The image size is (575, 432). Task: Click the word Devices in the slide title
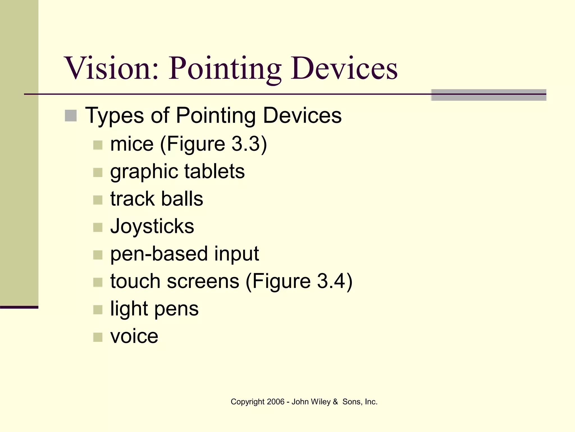[x=344, y=68]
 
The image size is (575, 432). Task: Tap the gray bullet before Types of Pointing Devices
[x=71, y=116]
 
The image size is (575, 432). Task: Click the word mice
[x=132, y=144]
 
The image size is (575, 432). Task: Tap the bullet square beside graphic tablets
[x=98, y=172]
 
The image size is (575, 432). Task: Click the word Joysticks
[x=152, y=226]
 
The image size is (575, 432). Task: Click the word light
[x=129, y=309]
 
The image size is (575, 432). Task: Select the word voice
[x=134, y=336]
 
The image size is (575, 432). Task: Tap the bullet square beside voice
[x=98, y=337]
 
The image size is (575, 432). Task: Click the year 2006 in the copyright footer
[x=276, y=402]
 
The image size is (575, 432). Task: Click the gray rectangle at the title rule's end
[x=489, y=95]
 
